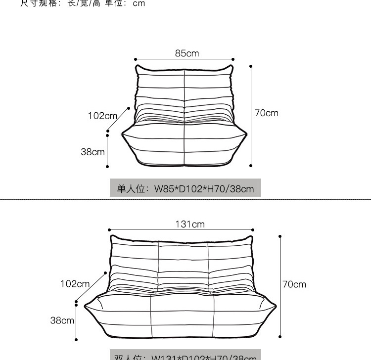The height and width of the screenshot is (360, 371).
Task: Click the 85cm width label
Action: [186, 53]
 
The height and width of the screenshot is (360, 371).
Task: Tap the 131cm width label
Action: [189, 224]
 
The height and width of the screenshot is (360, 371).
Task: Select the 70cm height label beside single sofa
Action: [267, 113]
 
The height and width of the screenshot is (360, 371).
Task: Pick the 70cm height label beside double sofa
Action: [294, 284]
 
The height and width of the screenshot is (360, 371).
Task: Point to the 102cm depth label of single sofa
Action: [102, 116]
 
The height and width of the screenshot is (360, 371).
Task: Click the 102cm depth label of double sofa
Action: [75, 284]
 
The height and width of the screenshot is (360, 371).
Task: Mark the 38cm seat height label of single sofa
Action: [93, 152]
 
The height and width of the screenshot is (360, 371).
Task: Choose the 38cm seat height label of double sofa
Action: [62, 320]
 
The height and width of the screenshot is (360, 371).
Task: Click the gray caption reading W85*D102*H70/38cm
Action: [185, 188]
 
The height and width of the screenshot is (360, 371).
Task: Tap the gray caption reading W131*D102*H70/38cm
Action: [185, 356]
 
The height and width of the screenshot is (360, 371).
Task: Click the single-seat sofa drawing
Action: [184, 119]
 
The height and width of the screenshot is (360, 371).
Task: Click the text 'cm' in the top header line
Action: [139, 3]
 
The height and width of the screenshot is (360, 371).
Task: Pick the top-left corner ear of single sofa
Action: [138, 68]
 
